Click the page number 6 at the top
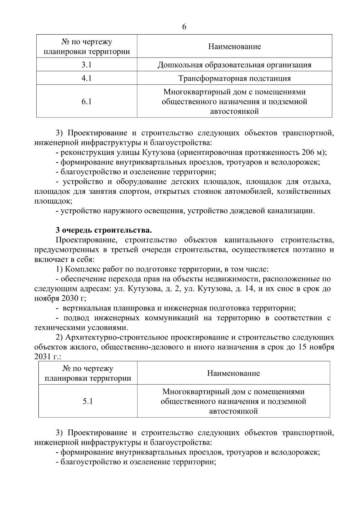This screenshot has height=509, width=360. [184, 27]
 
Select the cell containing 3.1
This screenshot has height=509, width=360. [86, 65]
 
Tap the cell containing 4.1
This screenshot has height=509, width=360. [86, 78]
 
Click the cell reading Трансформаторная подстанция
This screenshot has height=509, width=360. [234, 79]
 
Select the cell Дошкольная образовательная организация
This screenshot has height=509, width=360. [234, 65]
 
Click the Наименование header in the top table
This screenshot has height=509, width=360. [234, 46]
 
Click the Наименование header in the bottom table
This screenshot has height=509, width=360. [233, 373]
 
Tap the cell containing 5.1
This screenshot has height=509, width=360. [88, 401]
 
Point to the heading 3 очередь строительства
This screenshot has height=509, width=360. [104, 230]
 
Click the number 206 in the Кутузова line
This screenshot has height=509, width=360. [308, 152]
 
